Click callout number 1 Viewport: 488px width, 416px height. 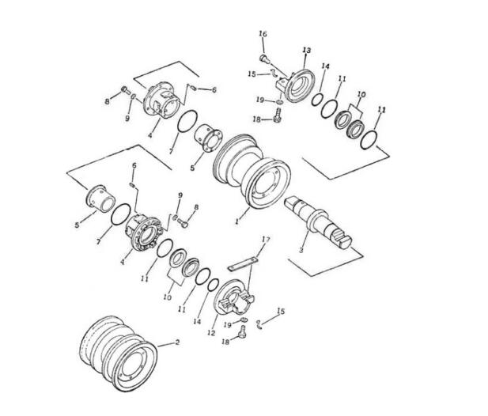[237, 221]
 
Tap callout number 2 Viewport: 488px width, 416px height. [177, 342]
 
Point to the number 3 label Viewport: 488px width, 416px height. [301, 250]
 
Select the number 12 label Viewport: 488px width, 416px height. [211, 333]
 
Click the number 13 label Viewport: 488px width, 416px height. [307, 50]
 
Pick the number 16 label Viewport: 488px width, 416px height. [263, 33]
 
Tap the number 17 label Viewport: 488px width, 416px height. [266, 239]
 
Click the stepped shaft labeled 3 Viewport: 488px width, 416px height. [318, 222]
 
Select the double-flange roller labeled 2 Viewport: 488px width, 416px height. [119, 354]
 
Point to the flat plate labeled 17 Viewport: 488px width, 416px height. [243, 263]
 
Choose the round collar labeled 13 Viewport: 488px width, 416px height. [299, 86]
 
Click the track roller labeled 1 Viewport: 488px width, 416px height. [253, 172]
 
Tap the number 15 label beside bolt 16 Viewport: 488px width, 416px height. [252, 74]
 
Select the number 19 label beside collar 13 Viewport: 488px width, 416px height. [260, 100]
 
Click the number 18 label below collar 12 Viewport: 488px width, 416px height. [225, 342]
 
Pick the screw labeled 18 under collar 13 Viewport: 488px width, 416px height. [278, 115]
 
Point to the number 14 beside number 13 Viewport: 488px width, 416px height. [326, 66]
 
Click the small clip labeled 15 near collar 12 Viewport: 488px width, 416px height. [259, 324]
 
